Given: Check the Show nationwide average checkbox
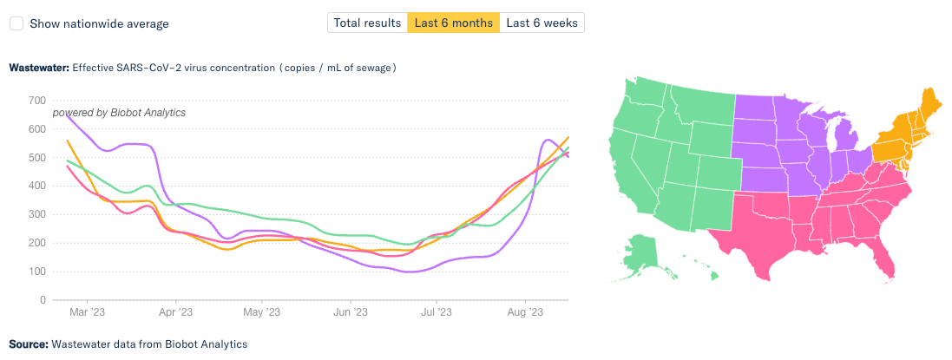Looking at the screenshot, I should [16, 23].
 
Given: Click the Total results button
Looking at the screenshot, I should [367, 23].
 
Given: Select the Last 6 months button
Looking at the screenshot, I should [454, 23].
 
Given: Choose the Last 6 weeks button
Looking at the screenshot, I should [542, 23].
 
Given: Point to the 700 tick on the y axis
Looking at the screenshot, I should [36, 101].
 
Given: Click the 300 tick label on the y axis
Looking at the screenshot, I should [36, 214].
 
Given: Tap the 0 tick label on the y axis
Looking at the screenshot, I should [43, 300].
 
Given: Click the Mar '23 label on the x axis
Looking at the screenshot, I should [87, 312].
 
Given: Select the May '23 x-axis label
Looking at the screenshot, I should [261, 312].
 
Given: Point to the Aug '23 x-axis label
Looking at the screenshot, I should [525, 312].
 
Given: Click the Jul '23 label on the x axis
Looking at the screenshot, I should [437, 312].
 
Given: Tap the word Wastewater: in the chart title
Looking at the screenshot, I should [38, 67].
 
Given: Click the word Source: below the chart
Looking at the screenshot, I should [29, 344].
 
